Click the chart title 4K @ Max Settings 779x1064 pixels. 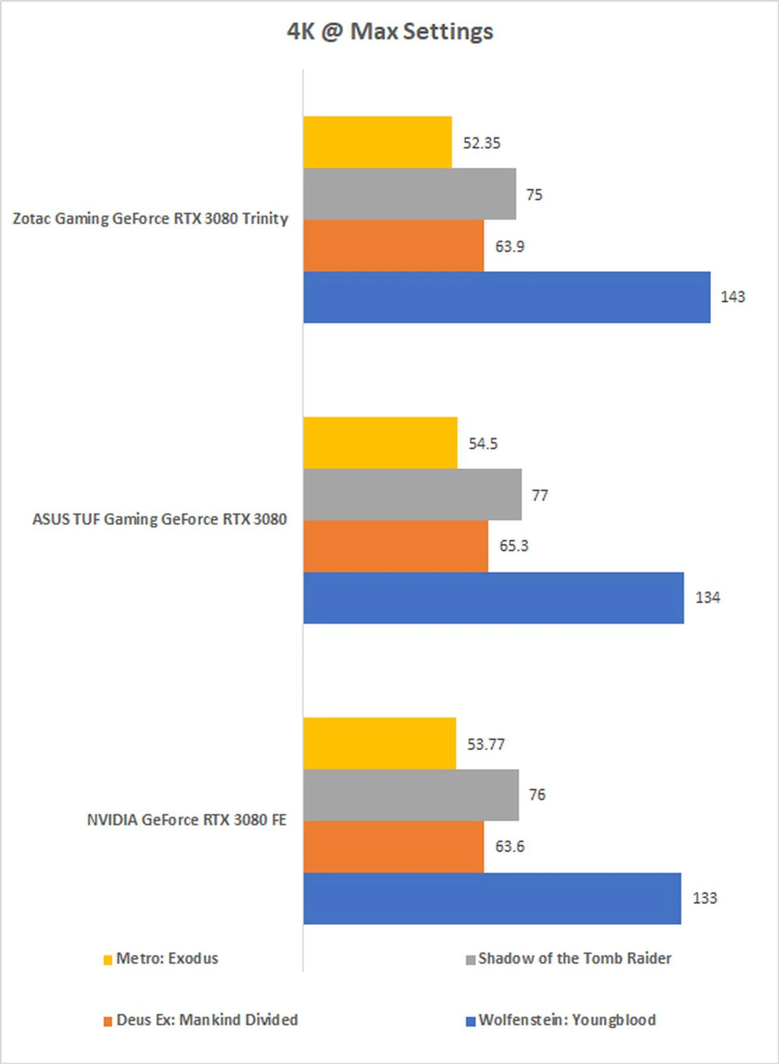pyautogui.click(x=390, y=32)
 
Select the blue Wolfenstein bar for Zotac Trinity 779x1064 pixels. pyautogui.click(x=506, y=297)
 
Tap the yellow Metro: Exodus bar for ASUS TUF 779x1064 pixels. pyautogui.click(x=380, y=443)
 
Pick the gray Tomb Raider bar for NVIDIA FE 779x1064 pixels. pyautogui.click(x=411, y=795)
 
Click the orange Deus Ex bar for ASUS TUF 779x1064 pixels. pyautogui.click(x=396, y=546)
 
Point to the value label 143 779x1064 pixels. pyautogui.click(x=732, y=297)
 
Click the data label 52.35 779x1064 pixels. pyautogui.click(x=482, y=143)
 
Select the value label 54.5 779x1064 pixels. pyautogui.click(x=483, y=444)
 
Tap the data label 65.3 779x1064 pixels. pyautogui.click(x=514, y=546)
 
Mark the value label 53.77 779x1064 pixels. pyautogui.click(x=486, y=744)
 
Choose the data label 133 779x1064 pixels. pyautogui.click(x=704, y=898)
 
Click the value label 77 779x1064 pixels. pyautogui.click(x=540, y=495)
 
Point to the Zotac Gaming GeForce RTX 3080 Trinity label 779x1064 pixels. pyautogui.click(x=151, y=219)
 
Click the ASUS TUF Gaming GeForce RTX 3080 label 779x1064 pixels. pyautogui.click(x=159, y=519)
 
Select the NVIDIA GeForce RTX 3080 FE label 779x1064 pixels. pyautogui.click(x=187, y=820)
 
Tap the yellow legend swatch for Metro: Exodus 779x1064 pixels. pyautogui.click(x=108, y=960)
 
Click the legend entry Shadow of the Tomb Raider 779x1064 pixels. pyautogui.click(x=575, y=959)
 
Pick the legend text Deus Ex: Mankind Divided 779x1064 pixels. pyautogui.click(x=207, y=1020)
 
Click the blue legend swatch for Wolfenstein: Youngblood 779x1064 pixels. pyautogui.click(x=470, y=1021)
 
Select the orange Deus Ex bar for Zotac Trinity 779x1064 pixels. pyautogui.click(x=393, y=246)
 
